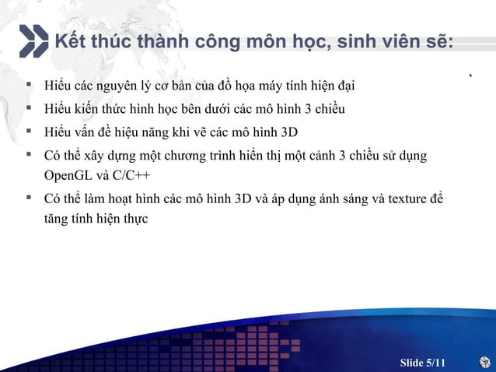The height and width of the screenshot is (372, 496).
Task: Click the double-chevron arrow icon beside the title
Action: [32, 41]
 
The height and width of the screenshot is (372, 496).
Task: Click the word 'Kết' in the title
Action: [68, 41]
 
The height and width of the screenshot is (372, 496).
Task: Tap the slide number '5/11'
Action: [437, 363]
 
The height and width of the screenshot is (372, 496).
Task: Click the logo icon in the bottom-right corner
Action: [484, 362]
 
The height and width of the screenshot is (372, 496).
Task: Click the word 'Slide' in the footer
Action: [412, 363]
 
